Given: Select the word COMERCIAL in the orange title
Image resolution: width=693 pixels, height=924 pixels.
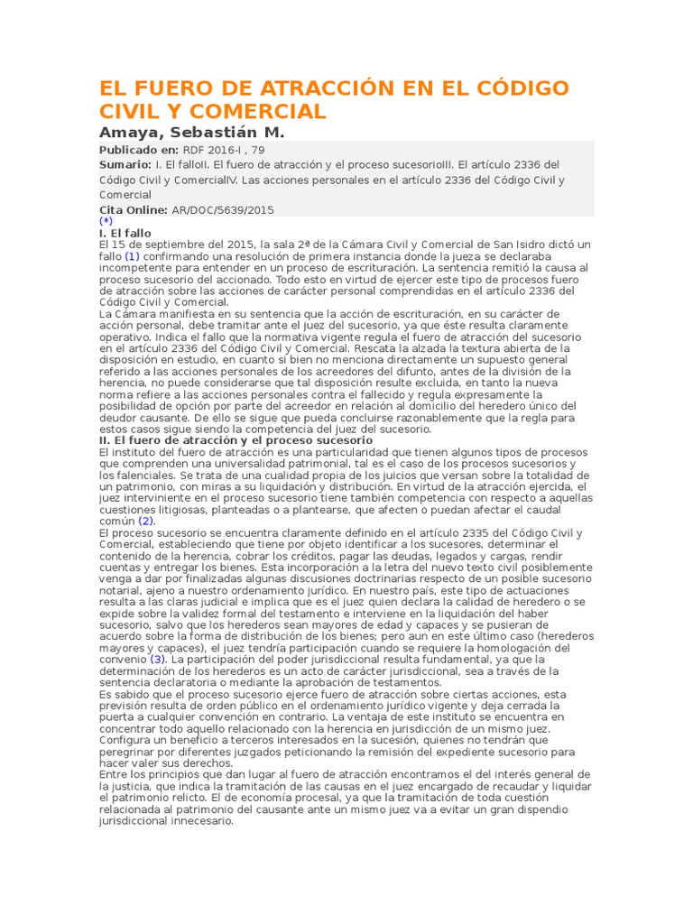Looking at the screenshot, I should (x=258, y=112).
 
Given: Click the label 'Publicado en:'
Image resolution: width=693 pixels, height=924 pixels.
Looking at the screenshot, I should (x=139, y=150).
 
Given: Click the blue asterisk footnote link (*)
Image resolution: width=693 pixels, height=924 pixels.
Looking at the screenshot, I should (x=106, y=221).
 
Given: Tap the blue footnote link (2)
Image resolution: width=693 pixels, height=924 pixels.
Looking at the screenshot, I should (x=146, y=521).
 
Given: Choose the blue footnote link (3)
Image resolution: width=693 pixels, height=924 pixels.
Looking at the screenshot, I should (x=160, y=660).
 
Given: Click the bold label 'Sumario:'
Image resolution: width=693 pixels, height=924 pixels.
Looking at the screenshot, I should (x=125, y=164).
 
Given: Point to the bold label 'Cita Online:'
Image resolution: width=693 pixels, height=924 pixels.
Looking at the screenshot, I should (x=134, y=209).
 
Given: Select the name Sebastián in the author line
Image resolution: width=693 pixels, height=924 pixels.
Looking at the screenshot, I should (x=212, y=132).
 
